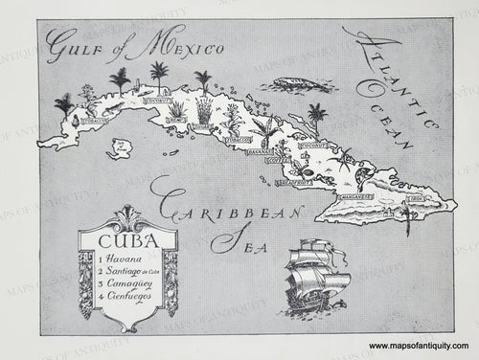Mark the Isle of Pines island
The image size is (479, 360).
point(122,147)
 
